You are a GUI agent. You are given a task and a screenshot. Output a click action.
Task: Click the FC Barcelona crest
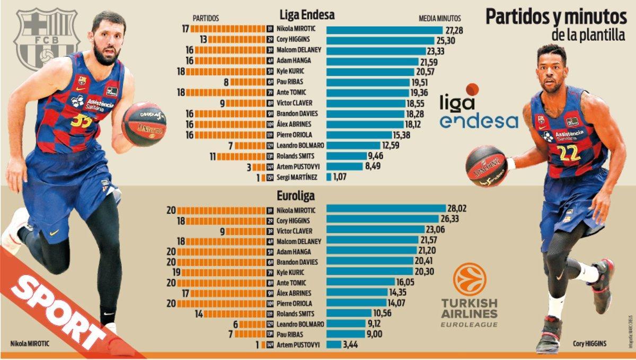(x=47, y=38)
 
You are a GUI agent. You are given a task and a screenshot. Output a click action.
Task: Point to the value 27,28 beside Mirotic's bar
(x=455, y=30)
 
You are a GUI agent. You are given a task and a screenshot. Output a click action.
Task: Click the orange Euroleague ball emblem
(x=469, y=279)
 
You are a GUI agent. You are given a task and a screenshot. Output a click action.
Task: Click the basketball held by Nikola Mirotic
(x=144, y=124)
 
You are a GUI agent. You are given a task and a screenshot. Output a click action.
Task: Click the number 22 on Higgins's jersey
(x=568, y=152)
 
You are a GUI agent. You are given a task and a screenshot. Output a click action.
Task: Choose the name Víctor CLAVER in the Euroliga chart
(x=294, y=231)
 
